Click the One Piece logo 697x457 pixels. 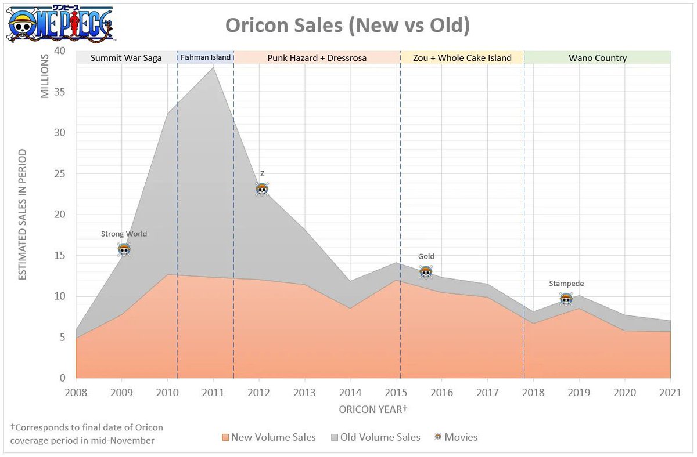[x=60, y=24]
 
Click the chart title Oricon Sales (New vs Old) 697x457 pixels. [x=347, y=25]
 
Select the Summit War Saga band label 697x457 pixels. [x=126, y=58]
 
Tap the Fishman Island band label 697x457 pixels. [x=206, y=57]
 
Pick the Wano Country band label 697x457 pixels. [x=598, y=58]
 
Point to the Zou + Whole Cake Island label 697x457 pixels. [x=462, y=58]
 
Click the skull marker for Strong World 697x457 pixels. [x=124, y=250]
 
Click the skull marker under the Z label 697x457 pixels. [x=262, y=189]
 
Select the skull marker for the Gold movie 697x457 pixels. [x=426, y=272]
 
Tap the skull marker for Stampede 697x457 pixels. [x=566, y=299]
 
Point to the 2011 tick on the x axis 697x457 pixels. [x=213, y=393]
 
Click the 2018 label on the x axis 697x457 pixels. [x=533, y=393]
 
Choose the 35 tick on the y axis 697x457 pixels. [x=60, y=92]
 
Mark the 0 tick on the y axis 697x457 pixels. [x=63, y=378]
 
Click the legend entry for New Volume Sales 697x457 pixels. [x=269, y=437]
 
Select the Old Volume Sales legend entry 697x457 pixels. [x=376, y=437]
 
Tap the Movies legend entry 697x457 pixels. [x=456, y=437]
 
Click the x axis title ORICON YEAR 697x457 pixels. [x=373, y=409]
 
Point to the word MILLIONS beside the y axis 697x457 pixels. [x=45, y=76]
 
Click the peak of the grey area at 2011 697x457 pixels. [x=213, y=67]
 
